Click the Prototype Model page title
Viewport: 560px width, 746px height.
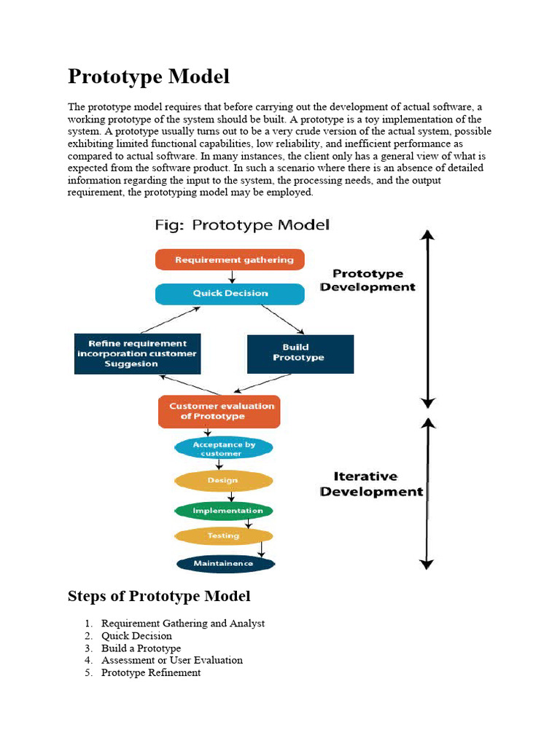coord(149,76)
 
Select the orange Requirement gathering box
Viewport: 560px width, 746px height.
coord(230,259)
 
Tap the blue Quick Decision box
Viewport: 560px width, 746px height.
coord(230,294)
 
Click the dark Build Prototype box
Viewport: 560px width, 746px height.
coord(300,353)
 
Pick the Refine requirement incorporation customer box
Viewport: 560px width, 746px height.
coord(137,353)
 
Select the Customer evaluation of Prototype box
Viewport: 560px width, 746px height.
coord(219,412)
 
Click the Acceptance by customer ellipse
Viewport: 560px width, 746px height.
coord(224,449)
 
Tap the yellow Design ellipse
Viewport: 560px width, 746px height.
coord(224,481)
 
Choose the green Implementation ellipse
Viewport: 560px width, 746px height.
coord(224,511)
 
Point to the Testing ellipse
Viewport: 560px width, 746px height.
coord(224,536)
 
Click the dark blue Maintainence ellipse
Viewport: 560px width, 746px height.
coord(224,563)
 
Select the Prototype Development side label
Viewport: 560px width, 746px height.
coord(367,280)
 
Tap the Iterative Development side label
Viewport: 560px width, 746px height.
coord(371,484)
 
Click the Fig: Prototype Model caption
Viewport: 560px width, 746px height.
coord(242,225)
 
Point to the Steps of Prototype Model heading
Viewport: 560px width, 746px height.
coord(159,596)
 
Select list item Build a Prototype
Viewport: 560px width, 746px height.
coord(141,648)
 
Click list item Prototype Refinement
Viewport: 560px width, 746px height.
coord(151,672)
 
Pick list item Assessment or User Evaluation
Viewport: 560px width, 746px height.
coord(172,660)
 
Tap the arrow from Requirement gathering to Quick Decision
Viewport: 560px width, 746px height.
coord(231,277)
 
